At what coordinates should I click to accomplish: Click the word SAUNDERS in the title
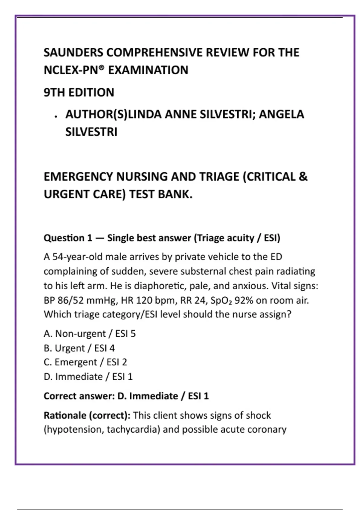coord(73,52)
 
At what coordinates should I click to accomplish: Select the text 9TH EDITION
coord(79,92)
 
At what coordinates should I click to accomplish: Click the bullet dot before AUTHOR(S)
coord(56,116)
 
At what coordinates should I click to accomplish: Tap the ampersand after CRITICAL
coord(303,177)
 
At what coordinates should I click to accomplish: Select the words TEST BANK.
coord(161,194)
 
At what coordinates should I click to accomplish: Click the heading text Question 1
coord(68,238)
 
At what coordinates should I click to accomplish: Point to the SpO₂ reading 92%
coord(244,300)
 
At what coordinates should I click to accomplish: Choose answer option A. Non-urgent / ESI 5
coord(90,334)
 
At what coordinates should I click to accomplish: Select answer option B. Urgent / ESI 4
coord(79,348)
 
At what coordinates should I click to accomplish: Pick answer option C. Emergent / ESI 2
coord(85,362)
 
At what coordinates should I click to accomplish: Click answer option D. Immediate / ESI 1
coord(88,376)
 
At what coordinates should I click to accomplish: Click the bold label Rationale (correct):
coord(87,415)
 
